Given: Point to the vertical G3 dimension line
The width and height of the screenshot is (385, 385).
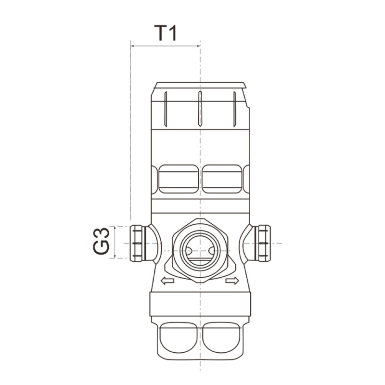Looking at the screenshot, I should pos(115,242).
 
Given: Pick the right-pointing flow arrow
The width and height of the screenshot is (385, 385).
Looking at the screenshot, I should pos(231,281).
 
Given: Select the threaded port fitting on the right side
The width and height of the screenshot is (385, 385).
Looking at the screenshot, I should pos(263,243).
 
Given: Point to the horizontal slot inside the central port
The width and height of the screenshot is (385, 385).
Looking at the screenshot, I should pos(199,258).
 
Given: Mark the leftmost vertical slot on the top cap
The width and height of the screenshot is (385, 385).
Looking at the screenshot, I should pos(165,108).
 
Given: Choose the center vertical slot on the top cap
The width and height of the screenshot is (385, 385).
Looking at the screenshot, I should pos(199,108).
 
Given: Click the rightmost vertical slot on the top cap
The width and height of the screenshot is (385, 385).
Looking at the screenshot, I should pos(234,108).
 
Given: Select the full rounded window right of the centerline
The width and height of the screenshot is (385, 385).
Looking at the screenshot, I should pos(222,179).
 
